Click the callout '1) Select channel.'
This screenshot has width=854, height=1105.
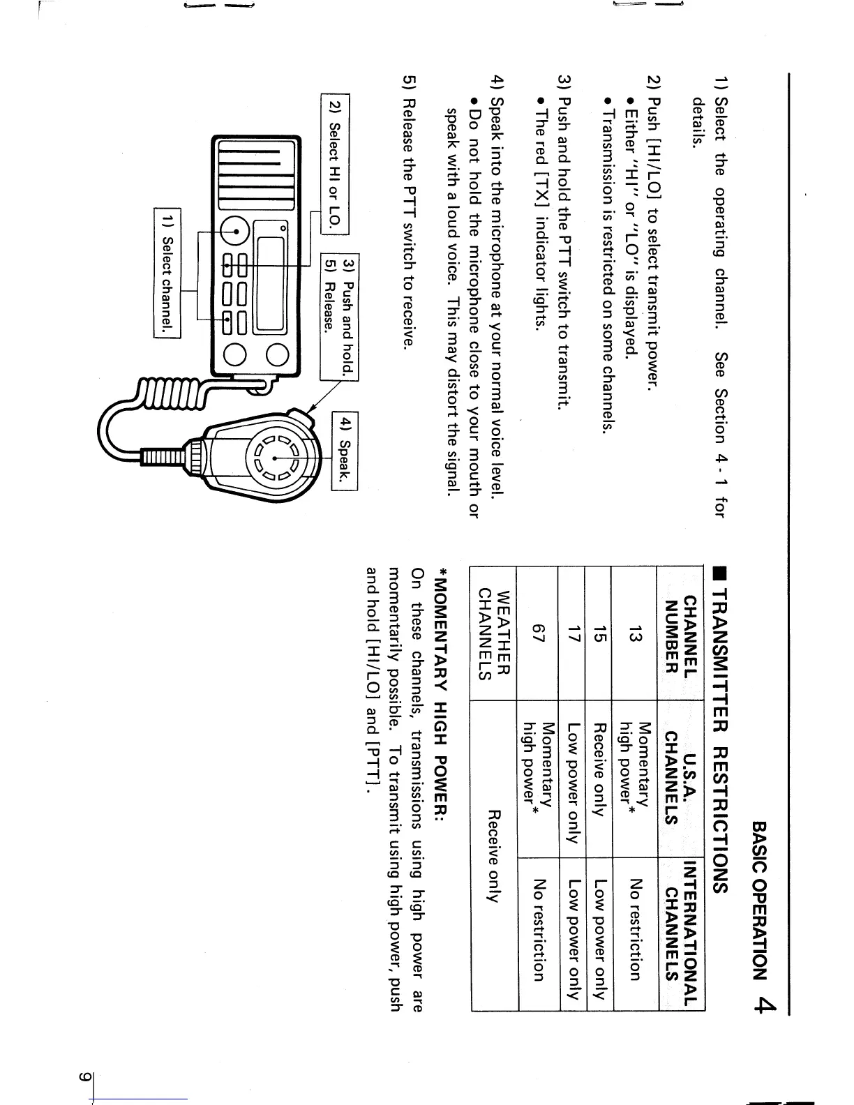point(167,273)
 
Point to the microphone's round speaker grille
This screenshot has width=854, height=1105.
point(275,458)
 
